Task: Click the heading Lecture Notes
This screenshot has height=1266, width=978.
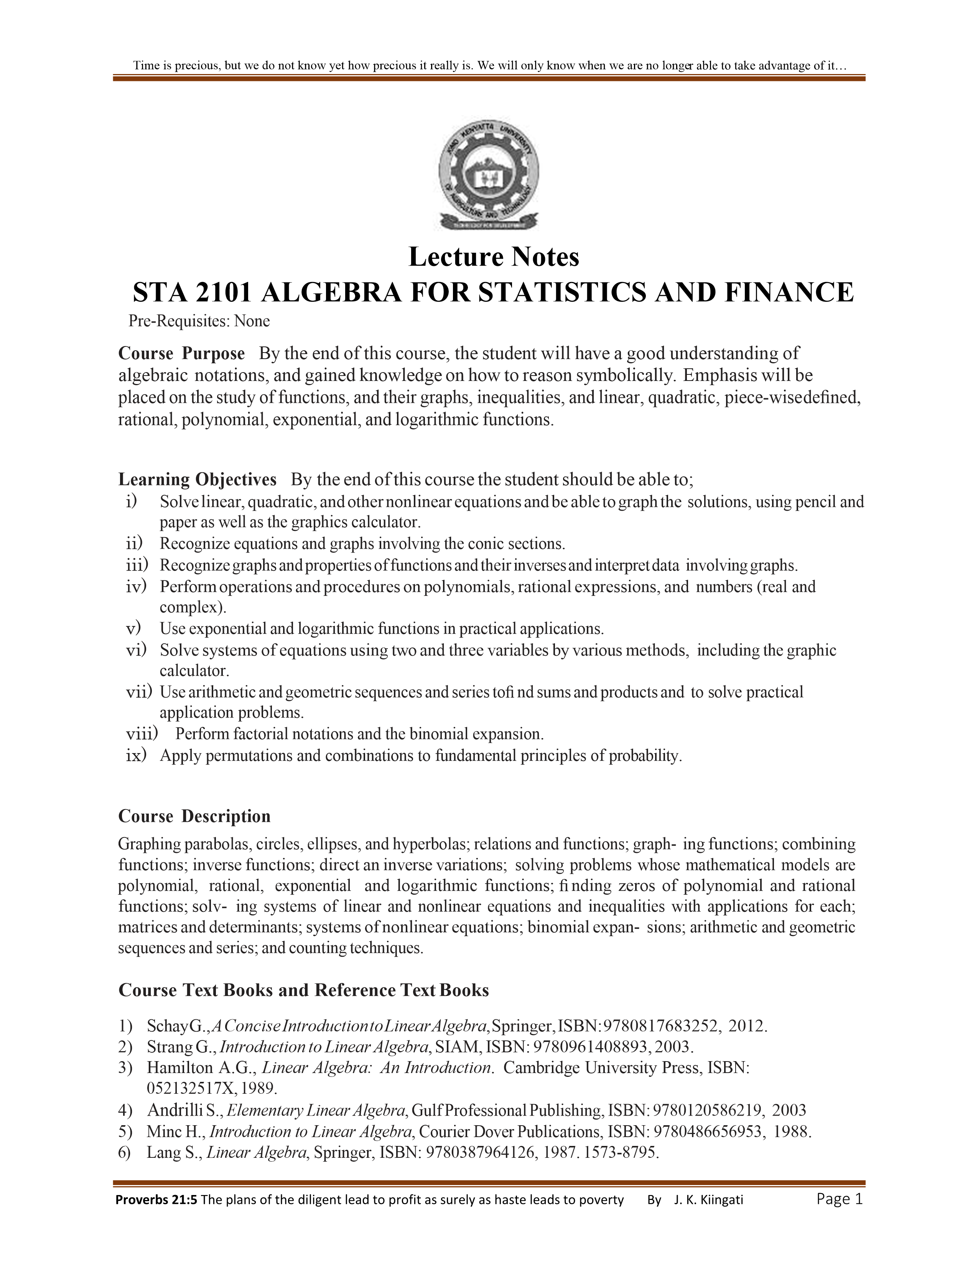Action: [494, 257]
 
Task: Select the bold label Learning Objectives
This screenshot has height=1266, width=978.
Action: [197, 480]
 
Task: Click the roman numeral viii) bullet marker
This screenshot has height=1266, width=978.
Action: [142, 734]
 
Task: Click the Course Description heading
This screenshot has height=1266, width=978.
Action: [194, 816]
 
